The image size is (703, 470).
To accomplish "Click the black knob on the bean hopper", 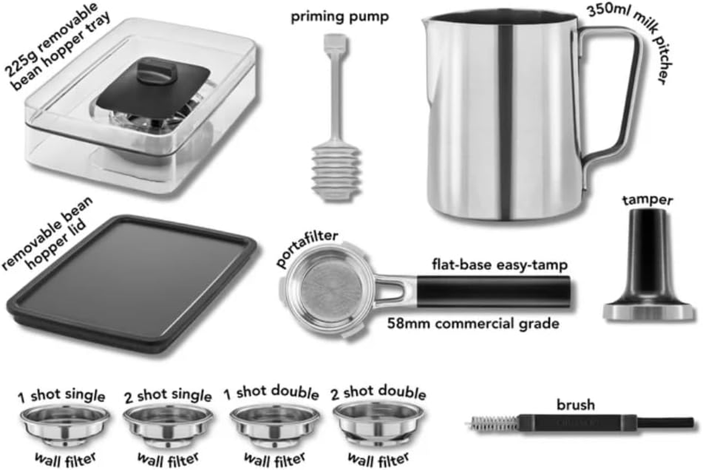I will (x=153, y=74).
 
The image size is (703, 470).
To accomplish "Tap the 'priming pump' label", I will (x=340, y=17).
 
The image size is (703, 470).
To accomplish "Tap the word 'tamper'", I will (x=647, y=201).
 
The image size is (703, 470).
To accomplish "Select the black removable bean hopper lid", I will (x=132, y=282).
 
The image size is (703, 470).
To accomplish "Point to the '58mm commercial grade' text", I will (x=473, y=323).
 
